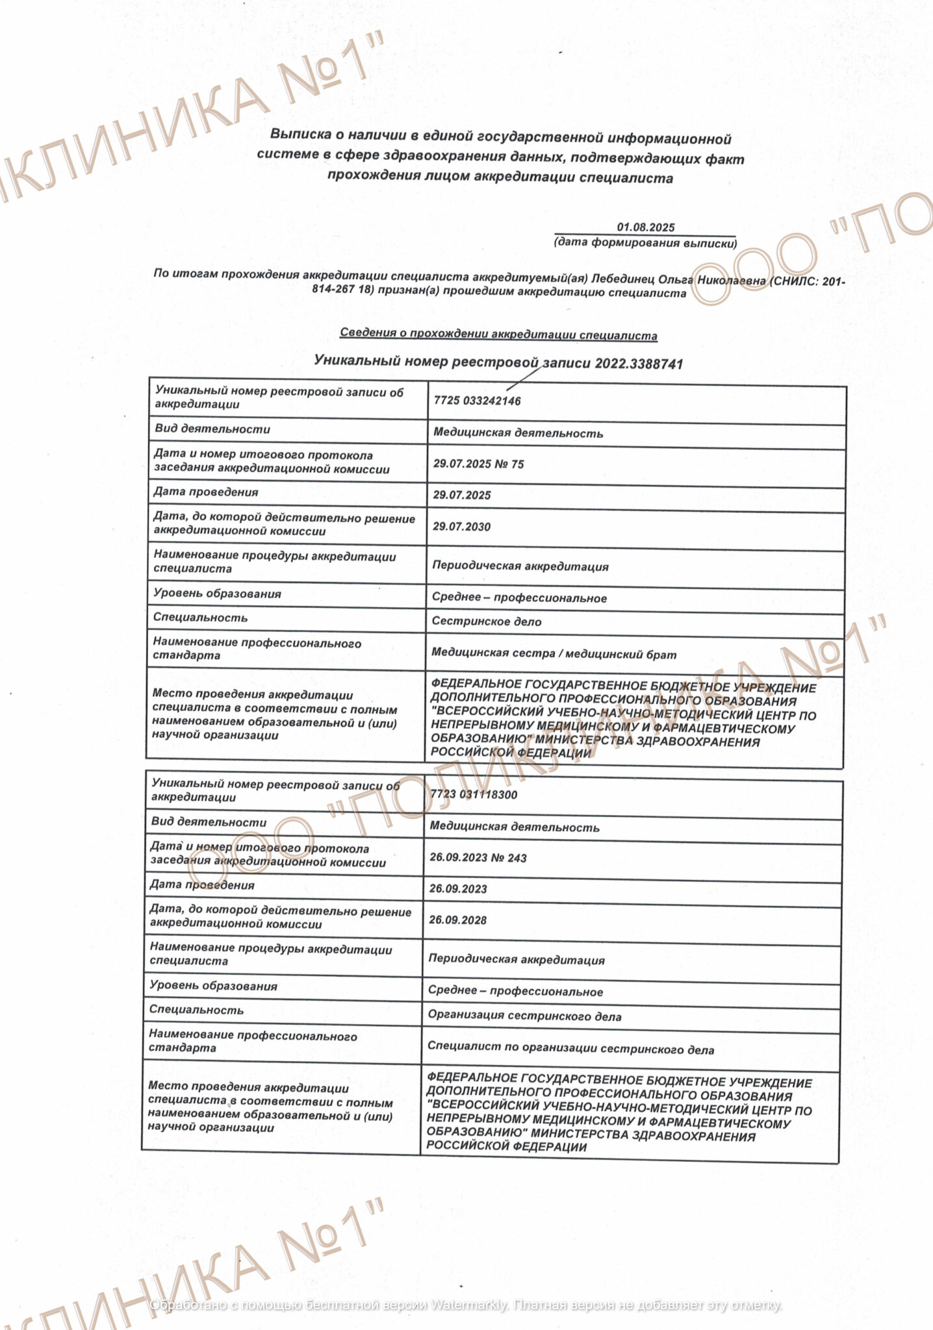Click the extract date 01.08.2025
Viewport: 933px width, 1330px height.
(x=645, y=227)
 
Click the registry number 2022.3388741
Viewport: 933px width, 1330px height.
(x=639, y=363)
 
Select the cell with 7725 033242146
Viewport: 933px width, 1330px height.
(x=477, y=401)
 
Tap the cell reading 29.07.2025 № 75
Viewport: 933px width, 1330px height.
(x=478, y=464)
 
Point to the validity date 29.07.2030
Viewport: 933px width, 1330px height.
(x=461, y=526)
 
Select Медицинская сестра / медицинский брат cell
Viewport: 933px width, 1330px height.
(x=554, y=654)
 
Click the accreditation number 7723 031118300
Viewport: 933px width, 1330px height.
(x=474, y=794)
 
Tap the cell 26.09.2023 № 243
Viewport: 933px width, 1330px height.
(x=478, y=857)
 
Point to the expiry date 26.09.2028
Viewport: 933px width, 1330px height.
(x=457, y=920)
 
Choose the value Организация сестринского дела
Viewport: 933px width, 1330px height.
(x=524, y=1016)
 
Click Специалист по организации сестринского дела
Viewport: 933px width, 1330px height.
(x=570, y=1049)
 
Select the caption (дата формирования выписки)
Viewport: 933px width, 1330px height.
(x=645, y=243)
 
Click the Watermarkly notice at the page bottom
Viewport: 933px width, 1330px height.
(x=466, y=1305)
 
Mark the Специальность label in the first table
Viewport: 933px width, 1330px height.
(x=200, y=618)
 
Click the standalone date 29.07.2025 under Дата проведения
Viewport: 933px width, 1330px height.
(x=461, y=495)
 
